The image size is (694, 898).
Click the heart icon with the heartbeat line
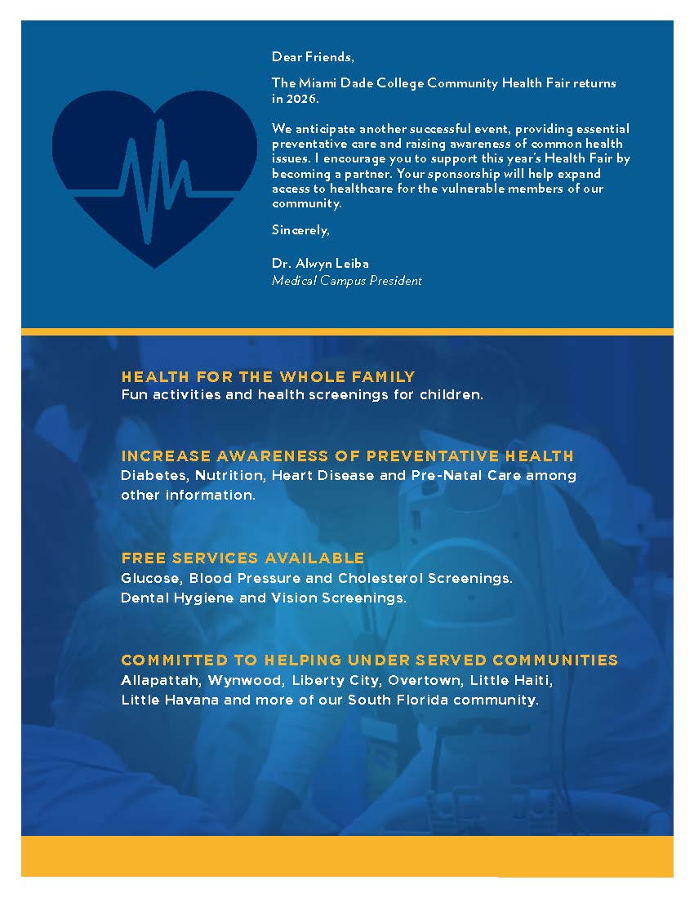coord(154,176)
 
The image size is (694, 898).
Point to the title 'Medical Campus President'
coord(346,281)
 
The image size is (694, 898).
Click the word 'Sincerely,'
coord(300,230)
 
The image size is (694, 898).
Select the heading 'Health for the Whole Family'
coord(268,377)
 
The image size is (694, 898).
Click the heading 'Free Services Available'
coord(242,558)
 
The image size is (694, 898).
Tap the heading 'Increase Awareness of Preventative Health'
coord(347,456)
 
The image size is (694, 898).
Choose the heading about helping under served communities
coord(369,660)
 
